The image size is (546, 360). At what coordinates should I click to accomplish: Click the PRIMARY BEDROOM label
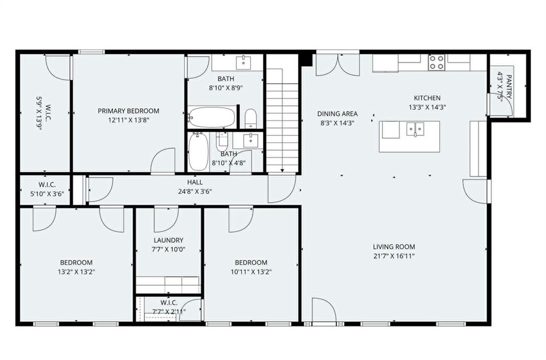pos(129,111)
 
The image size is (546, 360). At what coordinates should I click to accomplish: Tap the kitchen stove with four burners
pos(437,62)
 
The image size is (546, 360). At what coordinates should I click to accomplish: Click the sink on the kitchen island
pos(415,129)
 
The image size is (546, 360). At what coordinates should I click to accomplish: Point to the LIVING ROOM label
pos(394,247)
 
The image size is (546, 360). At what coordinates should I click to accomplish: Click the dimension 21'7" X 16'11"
pos(394,256)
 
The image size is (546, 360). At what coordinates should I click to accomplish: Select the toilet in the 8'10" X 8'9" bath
pos(251,119)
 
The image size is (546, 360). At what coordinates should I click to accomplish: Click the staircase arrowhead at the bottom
pos(282,171)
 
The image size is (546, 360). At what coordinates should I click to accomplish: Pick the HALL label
pos(195,182)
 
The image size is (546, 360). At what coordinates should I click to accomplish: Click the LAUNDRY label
pos(168,240)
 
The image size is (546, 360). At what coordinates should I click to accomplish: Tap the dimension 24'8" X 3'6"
pos(195,191)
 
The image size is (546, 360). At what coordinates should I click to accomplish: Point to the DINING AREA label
pos(338,114)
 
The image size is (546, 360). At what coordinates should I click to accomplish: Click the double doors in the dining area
pos(338,65)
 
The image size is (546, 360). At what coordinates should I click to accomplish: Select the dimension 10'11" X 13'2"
pos(251,272)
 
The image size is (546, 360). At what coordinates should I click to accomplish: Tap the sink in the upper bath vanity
pos(243,62)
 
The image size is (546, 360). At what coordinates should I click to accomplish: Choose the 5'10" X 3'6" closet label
pos(47,194)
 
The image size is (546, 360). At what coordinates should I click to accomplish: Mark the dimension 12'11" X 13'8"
pos(129,121)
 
